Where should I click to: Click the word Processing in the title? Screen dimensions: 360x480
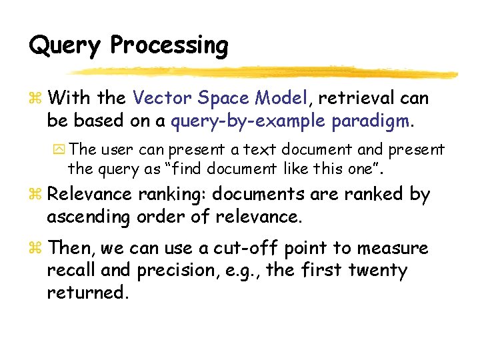169,46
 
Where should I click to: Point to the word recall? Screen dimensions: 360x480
69,271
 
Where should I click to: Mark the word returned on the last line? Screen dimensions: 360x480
86,293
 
